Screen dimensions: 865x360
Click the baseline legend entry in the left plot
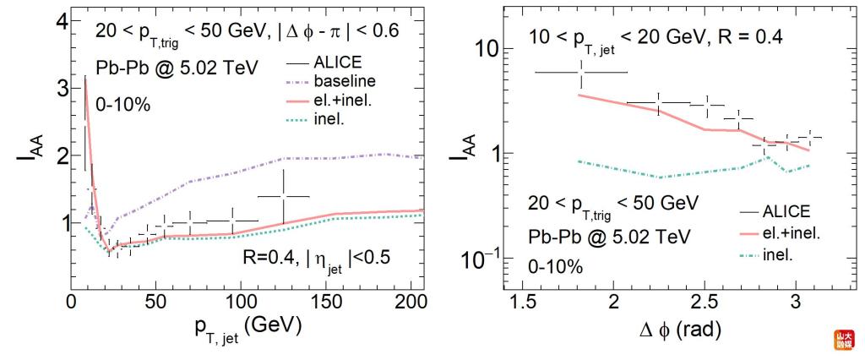[x=331, y=81]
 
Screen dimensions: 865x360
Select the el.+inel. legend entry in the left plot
[x=333, y=100]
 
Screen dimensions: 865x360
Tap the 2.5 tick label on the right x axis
[x=704, y=303]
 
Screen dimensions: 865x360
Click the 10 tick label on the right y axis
[x=486, y=48]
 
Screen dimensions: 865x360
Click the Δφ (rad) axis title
[x=679, y=330]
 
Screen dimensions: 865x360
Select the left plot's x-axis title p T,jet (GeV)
[x=248, y=330]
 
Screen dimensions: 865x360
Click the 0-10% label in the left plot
[x=123, y=105]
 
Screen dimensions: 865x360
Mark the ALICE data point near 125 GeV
[x=283, y=196]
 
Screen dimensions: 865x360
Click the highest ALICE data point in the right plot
[x=581, y=72]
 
